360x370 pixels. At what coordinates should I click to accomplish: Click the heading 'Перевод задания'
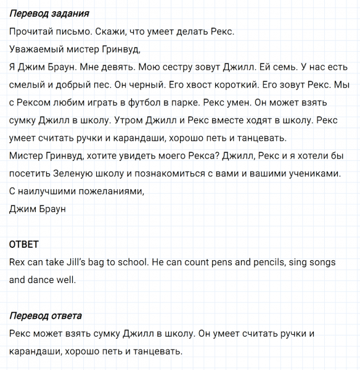(x=49, y=13)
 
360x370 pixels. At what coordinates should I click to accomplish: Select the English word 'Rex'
(x=19, y=262)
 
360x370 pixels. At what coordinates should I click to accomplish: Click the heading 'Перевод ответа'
(x=46, y=316)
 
